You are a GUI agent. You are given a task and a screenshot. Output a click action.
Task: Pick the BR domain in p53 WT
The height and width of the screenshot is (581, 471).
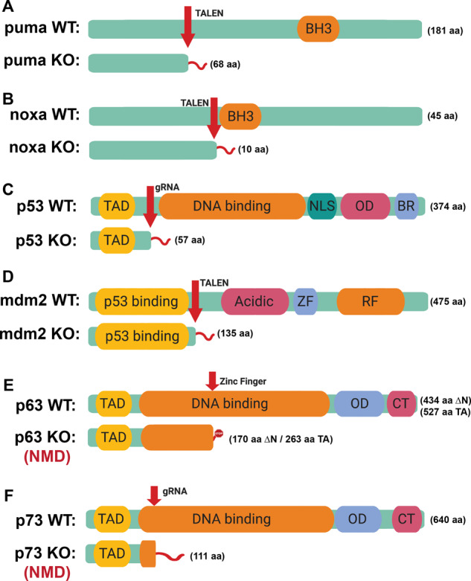[x=406, y=206]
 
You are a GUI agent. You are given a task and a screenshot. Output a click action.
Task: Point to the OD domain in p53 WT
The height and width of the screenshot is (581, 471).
[x=365, y=206]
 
